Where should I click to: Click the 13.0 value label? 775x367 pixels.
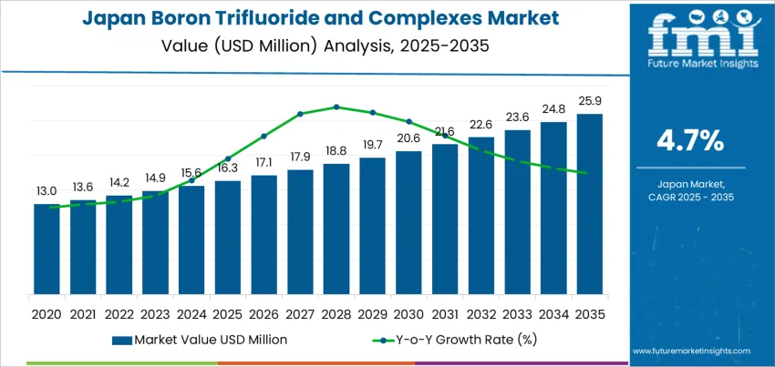46,190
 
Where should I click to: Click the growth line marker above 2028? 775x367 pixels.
336,107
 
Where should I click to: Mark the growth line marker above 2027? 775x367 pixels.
300,114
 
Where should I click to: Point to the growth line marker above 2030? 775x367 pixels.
408,121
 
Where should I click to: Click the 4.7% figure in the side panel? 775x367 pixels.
690,140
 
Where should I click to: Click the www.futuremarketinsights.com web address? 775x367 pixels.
690,351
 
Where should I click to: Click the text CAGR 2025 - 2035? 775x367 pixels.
690,197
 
